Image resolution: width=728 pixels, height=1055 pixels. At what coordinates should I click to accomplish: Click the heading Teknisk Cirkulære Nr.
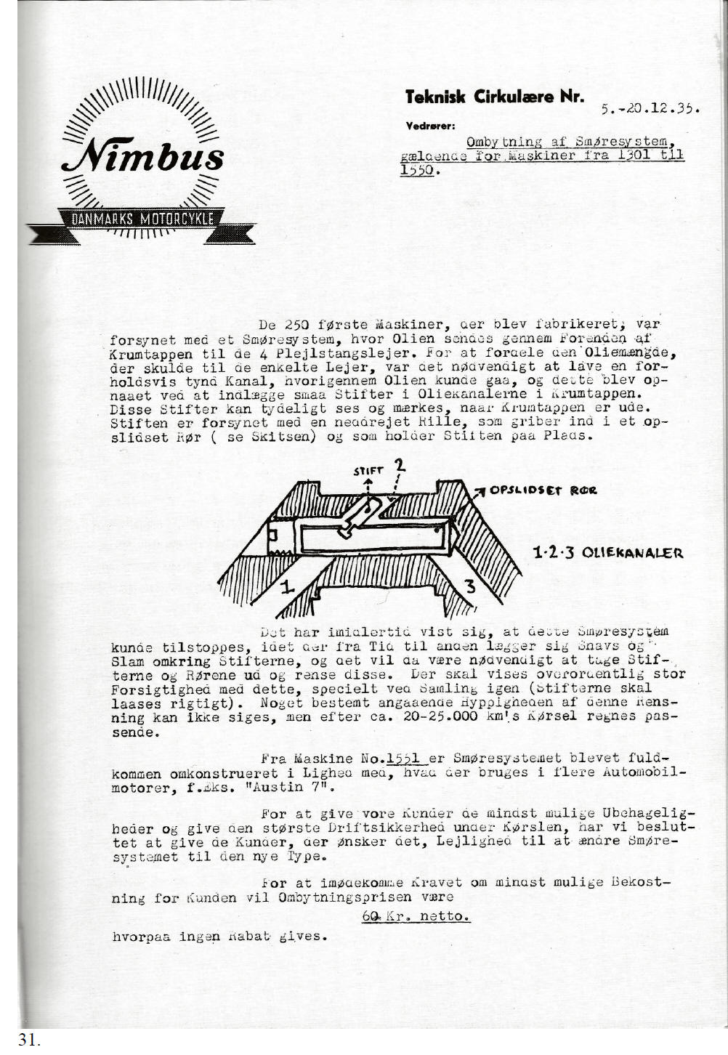pos(494,96)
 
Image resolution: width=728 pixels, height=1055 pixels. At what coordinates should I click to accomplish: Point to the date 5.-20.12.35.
pos(650,109)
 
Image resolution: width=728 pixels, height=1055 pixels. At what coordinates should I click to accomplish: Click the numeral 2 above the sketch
pos(399,466)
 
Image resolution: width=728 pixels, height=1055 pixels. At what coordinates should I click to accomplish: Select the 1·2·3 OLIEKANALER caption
pos(609,553)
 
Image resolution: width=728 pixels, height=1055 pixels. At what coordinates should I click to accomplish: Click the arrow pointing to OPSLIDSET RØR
pos(480,492)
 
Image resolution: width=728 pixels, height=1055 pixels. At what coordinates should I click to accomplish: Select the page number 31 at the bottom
pos(28,1040)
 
